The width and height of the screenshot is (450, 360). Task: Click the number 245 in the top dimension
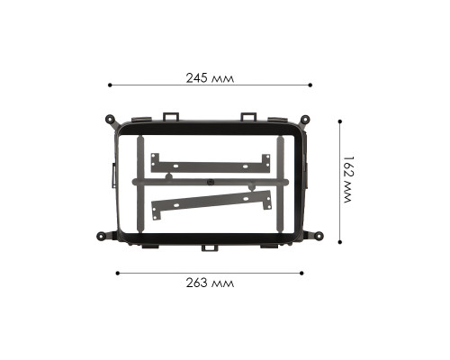(x=196, y=78)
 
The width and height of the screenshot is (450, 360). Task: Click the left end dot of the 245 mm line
(x=110, y=85)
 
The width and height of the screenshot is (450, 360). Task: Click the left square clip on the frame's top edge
(x=170, y=115)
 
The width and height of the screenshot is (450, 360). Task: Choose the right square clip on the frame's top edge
(x=247, y=115)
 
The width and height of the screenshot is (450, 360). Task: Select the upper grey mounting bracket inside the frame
(x=211, y=165)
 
